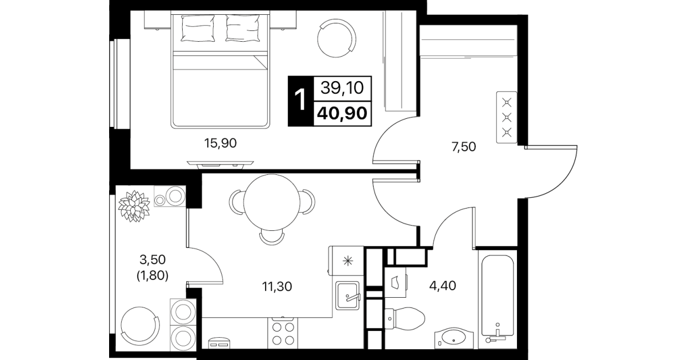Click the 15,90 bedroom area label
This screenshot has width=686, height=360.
(x=220, y=143)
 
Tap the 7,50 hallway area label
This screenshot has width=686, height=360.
(x=464, y=147)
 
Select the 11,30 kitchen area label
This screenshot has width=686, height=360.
(x=277, y=287)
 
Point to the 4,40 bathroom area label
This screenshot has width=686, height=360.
(x=443, y=286)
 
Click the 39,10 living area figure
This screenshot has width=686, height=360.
(x=342, y=88)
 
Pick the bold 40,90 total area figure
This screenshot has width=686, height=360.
(x=342, y=114)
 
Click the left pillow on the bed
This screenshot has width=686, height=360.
(x=198, y=28)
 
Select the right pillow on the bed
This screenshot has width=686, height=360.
(x=243, y=28)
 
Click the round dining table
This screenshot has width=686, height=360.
(x=272, y=202)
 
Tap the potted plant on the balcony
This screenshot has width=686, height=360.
(x=134, y=206)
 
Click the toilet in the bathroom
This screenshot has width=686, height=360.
(x=405, y=319)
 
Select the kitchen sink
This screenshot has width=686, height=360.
(x=348, y=295)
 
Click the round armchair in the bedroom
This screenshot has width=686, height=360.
(x=337, y=38)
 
